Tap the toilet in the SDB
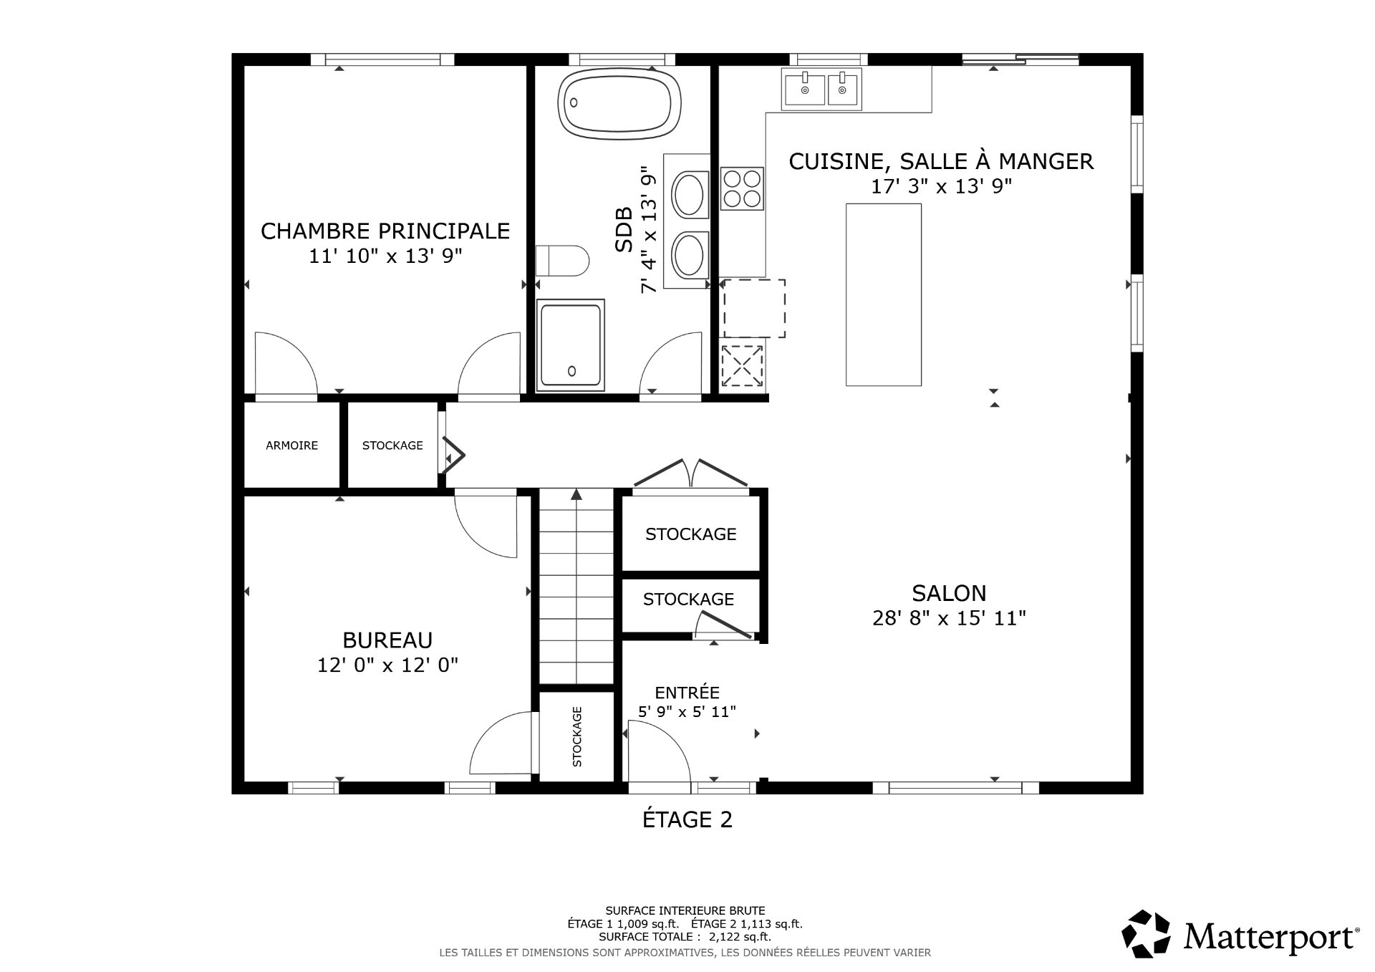tap(562, 260)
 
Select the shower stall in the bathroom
tap(570, 345)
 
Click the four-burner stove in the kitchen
tap(742, 188)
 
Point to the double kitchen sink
tap(821, 90)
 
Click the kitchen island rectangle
tap(883, 294)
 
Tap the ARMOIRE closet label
tap(291, 446)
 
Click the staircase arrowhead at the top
tap(576, 494)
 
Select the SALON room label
tap(949, 593)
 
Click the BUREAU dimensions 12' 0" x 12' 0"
tap(387, 665)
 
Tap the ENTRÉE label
tap(687, 693)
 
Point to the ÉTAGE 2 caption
tap(687, 819)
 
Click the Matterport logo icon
tap(1146, 935)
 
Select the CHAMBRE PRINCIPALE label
tap(385, 231)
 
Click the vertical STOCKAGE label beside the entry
tap(577, 736)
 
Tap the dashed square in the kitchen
tap(754, 309)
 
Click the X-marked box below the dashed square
tap(742, 365)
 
